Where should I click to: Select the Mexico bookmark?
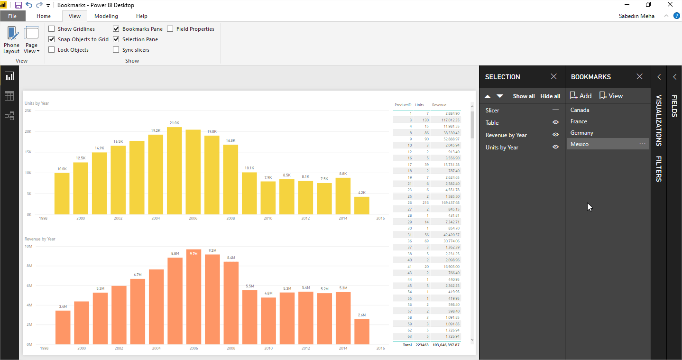pos(580,144)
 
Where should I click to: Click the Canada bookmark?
pos(580,110)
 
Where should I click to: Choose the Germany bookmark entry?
pos(581,133)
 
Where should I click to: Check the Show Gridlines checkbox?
pos(52,29)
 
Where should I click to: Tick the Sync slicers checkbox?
pos(116,50)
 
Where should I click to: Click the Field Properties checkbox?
pos(170,29)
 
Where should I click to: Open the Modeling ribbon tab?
pos(106,16)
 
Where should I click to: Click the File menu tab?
pos(12,16)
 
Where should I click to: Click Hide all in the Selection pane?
pos(550,96)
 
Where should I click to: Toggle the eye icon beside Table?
pos(555,122)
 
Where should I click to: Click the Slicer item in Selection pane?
pos(492,110)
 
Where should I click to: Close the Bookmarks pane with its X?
pos(640,76)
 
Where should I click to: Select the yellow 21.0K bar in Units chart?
pos(175,171)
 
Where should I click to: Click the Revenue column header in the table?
pos(439,105)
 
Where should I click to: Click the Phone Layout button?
pos(11,40)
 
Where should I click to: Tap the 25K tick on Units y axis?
pos(28,111)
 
